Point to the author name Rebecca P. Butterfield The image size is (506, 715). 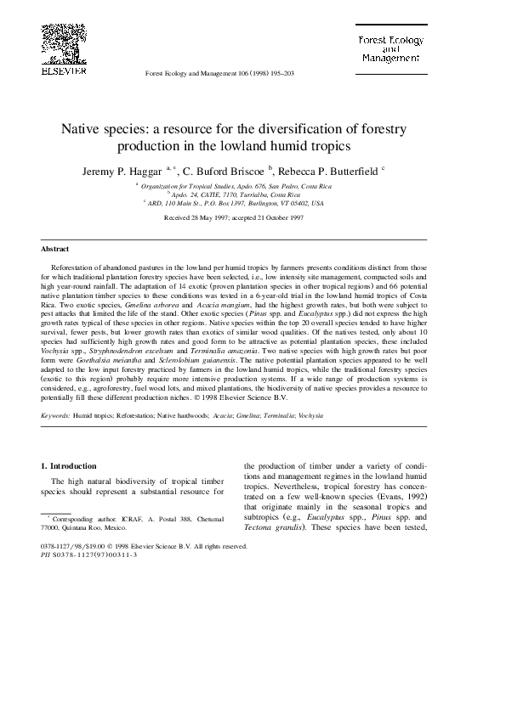pos(325,170)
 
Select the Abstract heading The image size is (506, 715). pos(55,249)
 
